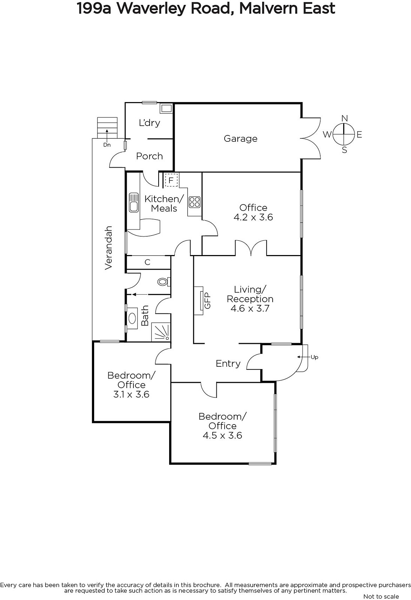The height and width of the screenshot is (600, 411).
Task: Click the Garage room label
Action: pyautogui.click(x=240, y=139)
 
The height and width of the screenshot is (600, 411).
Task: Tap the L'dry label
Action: pyautogui.click(x=150, y=123)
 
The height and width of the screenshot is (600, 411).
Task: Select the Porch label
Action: pyautogui.click(x=150, y=156)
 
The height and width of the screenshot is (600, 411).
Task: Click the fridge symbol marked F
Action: pyautogui.click(x=171, y=180)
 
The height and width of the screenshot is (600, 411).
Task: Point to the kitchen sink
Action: pyautogui.click(x=133, y=202)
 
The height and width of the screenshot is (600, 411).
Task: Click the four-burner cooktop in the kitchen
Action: pyautogui.click(x=195, y=202)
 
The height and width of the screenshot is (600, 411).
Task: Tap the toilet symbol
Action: pyautogui.click(x=164, y=282)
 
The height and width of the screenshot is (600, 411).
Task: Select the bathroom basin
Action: pyautogui.click(x=132, y=318)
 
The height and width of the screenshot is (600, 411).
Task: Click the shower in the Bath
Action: pyautogui.click(x=161, y=332)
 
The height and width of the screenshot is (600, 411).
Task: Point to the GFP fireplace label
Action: pyautogui.click(x=208, y=300)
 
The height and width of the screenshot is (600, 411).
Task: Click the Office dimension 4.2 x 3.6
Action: pyautogui.click(x=253, y=217)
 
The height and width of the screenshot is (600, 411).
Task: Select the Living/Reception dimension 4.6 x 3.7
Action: pyautogui.click(x=250, y=308)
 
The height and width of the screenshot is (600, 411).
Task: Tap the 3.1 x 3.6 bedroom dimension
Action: pyautogui.click(x=131, y=394)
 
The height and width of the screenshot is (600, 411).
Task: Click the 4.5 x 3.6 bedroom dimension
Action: pyautogui.click(x=222, y=435)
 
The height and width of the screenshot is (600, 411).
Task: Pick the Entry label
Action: pyautogui.click(x=228, y=363)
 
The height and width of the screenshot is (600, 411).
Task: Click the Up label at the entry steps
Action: pyautogui.click(x=315, y=357)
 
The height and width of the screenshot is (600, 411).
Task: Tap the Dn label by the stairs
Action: pyautogui.click(x=107, y=145)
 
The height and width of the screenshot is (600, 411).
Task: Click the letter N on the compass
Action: pyautogui.click(x=345, y=118)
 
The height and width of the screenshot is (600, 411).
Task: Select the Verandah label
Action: pyautogui.click(x=108, y=248)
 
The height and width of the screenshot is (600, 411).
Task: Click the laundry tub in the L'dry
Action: pyautogui.click(x=166, y=108)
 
